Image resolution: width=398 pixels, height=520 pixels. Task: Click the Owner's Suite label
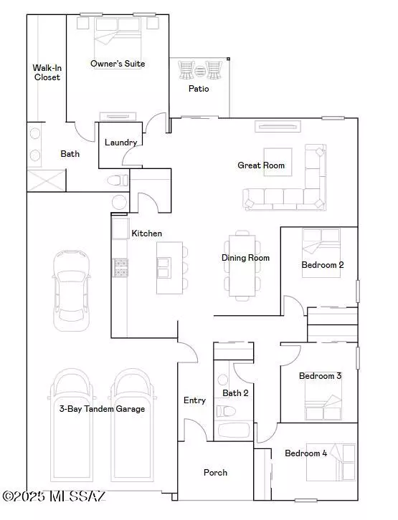tap(118, 64)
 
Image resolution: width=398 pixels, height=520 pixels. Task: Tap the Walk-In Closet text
tap(46, 72)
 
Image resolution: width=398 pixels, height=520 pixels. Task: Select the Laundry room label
tap(120, 143)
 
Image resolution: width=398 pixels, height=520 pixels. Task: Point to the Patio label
tap(199, 90)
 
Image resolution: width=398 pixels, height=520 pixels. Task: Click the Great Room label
tap(261, 165)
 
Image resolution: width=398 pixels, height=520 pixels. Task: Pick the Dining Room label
tap(245, 258)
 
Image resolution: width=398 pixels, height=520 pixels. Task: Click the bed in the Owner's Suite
tap(118, 32)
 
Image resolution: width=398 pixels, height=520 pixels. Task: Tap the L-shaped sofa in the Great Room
tap(287, 189)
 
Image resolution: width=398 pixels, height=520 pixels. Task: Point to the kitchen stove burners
tap(119, 267)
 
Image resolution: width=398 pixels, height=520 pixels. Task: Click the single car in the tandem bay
tap(72, 289)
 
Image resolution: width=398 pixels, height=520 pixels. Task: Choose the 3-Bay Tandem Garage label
tap(102, 409)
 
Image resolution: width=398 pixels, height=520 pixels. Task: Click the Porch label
tap(215, 472)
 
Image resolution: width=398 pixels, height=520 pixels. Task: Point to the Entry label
tap(194, 400)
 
